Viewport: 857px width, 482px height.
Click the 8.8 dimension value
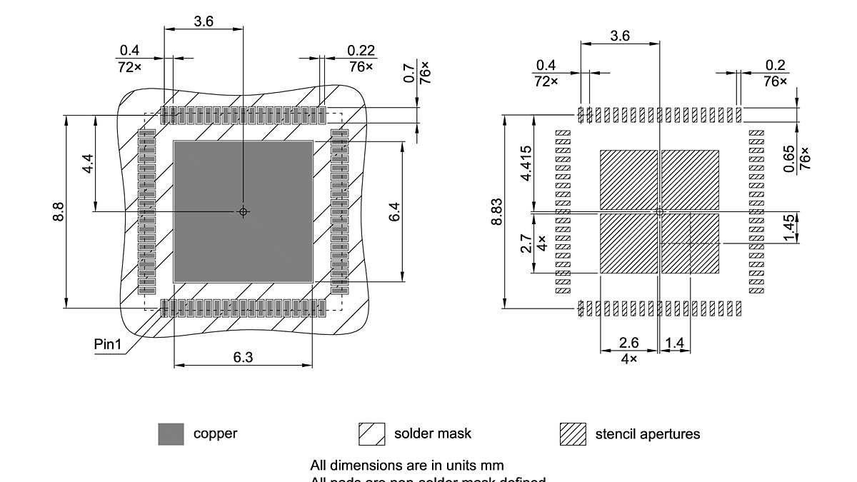pos(59,212)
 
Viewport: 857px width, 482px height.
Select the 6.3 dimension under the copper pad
pos(243,357)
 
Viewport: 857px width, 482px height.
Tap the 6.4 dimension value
pos(394,212)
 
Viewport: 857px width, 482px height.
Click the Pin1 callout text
pos(108,345)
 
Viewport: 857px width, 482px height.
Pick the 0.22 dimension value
pos(361,51)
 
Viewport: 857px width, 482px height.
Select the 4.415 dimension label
pos(526,164)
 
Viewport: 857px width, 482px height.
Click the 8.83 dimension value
pos(496,212)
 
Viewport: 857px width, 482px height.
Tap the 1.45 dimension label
pos(788,228)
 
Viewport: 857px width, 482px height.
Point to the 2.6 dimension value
pos(628,343)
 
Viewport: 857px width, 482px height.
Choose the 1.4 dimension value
pos(674,343)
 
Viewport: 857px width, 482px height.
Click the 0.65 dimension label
pos(788,159)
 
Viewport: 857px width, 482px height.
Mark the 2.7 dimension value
pos(526,244)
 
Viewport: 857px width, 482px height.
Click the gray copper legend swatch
pos(171,433)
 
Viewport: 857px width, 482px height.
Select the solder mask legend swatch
pos(371,433)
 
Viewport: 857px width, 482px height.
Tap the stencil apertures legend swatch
pos(573,433)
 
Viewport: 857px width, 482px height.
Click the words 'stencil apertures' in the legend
pos(648,433)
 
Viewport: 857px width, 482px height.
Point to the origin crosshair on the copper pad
pos(243,211)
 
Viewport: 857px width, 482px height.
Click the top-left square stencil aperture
pos(628,179)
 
